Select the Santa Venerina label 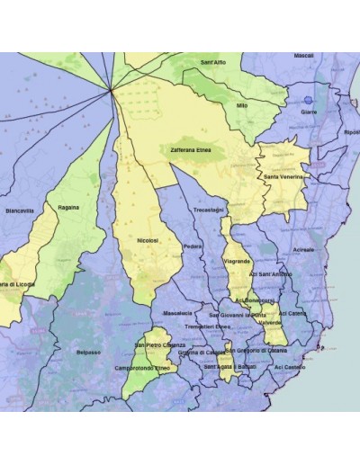tap(283, 177)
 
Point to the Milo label tap(241, 105)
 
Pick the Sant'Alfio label tap(213, 61)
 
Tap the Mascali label tap(304, 55)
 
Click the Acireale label tap(304, 248)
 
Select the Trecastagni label tap(208, 210)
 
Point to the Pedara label tap(192, 246)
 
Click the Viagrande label tap(237, 260)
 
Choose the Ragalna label tap(68, 207)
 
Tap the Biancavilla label tap(20, 210)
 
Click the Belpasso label tap(88, 351)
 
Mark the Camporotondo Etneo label tap(143, 368)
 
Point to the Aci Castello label tap(290, 367)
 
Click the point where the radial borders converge tap(110, 88)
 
